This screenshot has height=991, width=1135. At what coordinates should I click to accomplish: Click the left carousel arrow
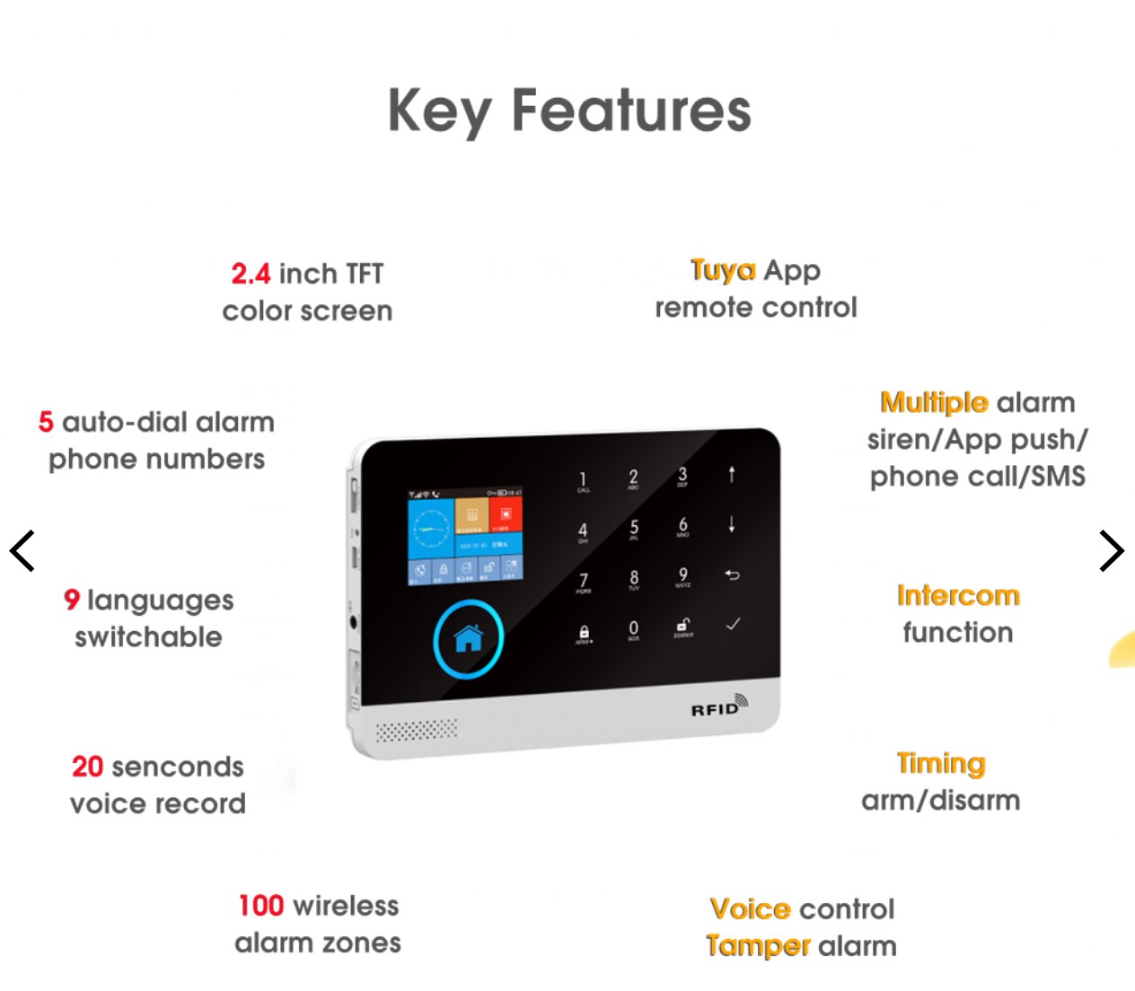(x=22, y=550)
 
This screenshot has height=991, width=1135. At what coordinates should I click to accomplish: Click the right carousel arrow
(x=1112, y=550)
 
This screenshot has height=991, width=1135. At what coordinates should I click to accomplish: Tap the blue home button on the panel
(x=468, y=639)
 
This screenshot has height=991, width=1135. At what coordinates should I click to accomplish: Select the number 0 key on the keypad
(x=634, y=629)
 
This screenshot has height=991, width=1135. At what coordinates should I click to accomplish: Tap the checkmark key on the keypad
(x=733, y=624)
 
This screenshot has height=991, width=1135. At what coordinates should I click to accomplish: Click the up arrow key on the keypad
(x=732, y=474)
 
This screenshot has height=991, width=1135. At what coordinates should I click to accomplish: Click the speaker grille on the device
(x=416, y=730)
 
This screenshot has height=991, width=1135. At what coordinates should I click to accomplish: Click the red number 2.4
(x=251, y=273)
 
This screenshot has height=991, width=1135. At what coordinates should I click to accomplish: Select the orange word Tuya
(x=723, y=270)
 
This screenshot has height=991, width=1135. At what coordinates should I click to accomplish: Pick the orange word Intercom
(x=958, y=595)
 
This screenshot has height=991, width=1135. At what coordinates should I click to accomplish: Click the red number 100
(x=261, y=905)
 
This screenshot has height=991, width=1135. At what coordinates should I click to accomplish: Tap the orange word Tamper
(x=758, y=946)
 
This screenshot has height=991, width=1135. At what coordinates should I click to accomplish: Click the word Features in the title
(x=630, y=110)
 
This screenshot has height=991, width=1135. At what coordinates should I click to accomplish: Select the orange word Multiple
(x=934, y=402)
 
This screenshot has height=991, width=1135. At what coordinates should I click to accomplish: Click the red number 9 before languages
(x=72, y=600)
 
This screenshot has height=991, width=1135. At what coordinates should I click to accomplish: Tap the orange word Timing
(x=941, y=763)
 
